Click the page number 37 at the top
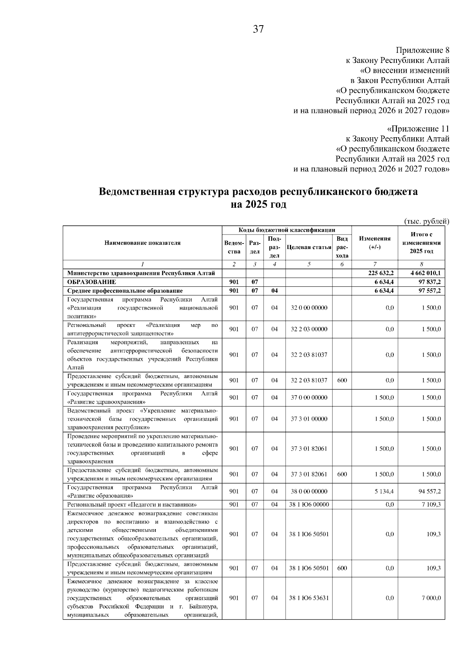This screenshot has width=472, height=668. [x=258, y=29]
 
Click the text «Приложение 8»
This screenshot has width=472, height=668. [x=422, y=50]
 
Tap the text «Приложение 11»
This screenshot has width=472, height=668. [x=418, y=129]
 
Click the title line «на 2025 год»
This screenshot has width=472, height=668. [x=258, y=205]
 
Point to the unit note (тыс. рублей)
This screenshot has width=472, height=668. [x=426, y=221]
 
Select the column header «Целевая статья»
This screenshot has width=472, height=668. [x=309, y=247]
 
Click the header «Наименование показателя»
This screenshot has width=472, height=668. [x=142, y=243]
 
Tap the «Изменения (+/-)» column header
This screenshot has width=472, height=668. [x=374, y=243]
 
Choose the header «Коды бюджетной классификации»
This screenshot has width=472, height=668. [x=287, y=230]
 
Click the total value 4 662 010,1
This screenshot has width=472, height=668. [x=425, y=273]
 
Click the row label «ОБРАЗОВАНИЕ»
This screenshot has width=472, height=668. [x=92, y=282]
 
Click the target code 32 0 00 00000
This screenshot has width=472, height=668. [x=309, y=308]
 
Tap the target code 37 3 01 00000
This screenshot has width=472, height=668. [x=309, y=419]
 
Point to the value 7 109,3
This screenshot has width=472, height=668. [x=431, y=504]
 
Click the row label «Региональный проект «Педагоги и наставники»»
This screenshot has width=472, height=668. [x=132, y=504]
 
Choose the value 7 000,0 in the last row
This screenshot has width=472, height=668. [x=431, y=598]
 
